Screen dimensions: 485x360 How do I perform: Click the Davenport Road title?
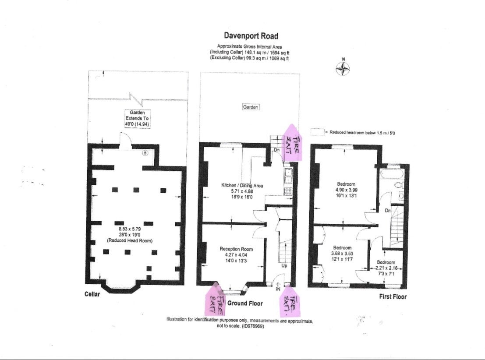click(251, 35)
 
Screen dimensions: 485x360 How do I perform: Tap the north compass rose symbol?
click(343, 68)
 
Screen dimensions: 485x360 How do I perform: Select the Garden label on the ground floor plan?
click(251, 107)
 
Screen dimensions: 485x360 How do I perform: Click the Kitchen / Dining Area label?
click(242, 186)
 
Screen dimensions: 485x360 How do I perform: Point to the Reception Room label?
click(236, 249)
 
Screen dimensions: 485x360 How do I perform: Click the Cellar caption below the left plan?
click(92, 294)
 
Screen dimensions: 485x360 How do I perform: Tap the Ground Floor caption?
click(245, 304)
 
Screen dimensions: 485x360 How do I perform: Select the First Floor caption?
click(393, 296)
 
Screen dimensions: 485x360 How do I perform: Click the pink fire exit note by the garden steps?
click(292, 143)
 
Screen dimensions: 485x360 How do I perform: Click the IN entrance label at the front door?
click(278, 289)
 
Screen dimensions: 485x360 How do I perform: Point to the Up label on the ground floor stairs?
click(284, 266)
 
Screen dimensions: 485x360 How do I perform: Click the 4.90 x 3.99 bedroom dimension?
click(346, 190)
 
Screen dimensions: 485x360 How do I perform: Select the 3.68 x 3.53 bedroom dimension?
click(342, 254)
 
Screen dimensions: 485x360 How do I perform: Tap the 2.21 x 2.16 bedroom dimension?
click(386, 268)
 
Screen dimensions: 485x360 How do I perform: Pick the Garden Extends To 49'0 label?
click(137, 118)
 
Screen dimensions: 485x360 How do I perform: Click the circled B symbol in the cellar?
click(146, 152)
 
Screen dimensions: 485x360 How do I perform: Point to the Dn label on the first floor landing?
click(388, 211)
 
